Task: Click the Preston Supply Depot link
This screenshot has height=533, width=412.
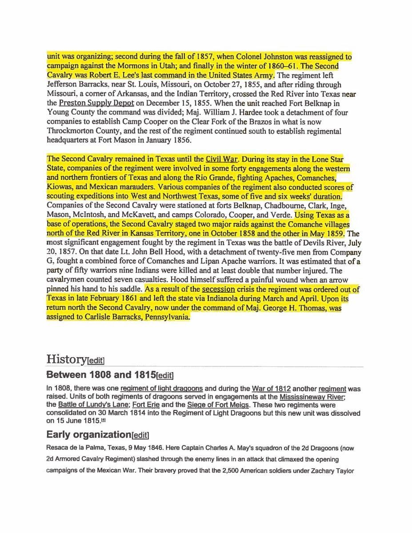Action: click(96, 103)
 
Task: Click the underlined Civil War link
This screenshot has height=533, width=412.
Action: click(222, 159)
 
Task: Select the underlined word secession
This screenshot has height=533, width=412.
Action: click(218, 289)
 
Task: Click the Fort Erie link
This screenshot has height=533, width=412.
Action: click(144, 405)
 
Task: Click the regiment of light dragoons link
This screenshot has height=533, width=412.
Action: click(162, 389)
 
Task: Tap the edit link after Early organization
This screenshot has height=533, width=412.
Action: click(140, 435)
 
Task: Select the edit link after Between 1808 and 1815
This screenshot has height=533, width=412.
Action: click(165, 375)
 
